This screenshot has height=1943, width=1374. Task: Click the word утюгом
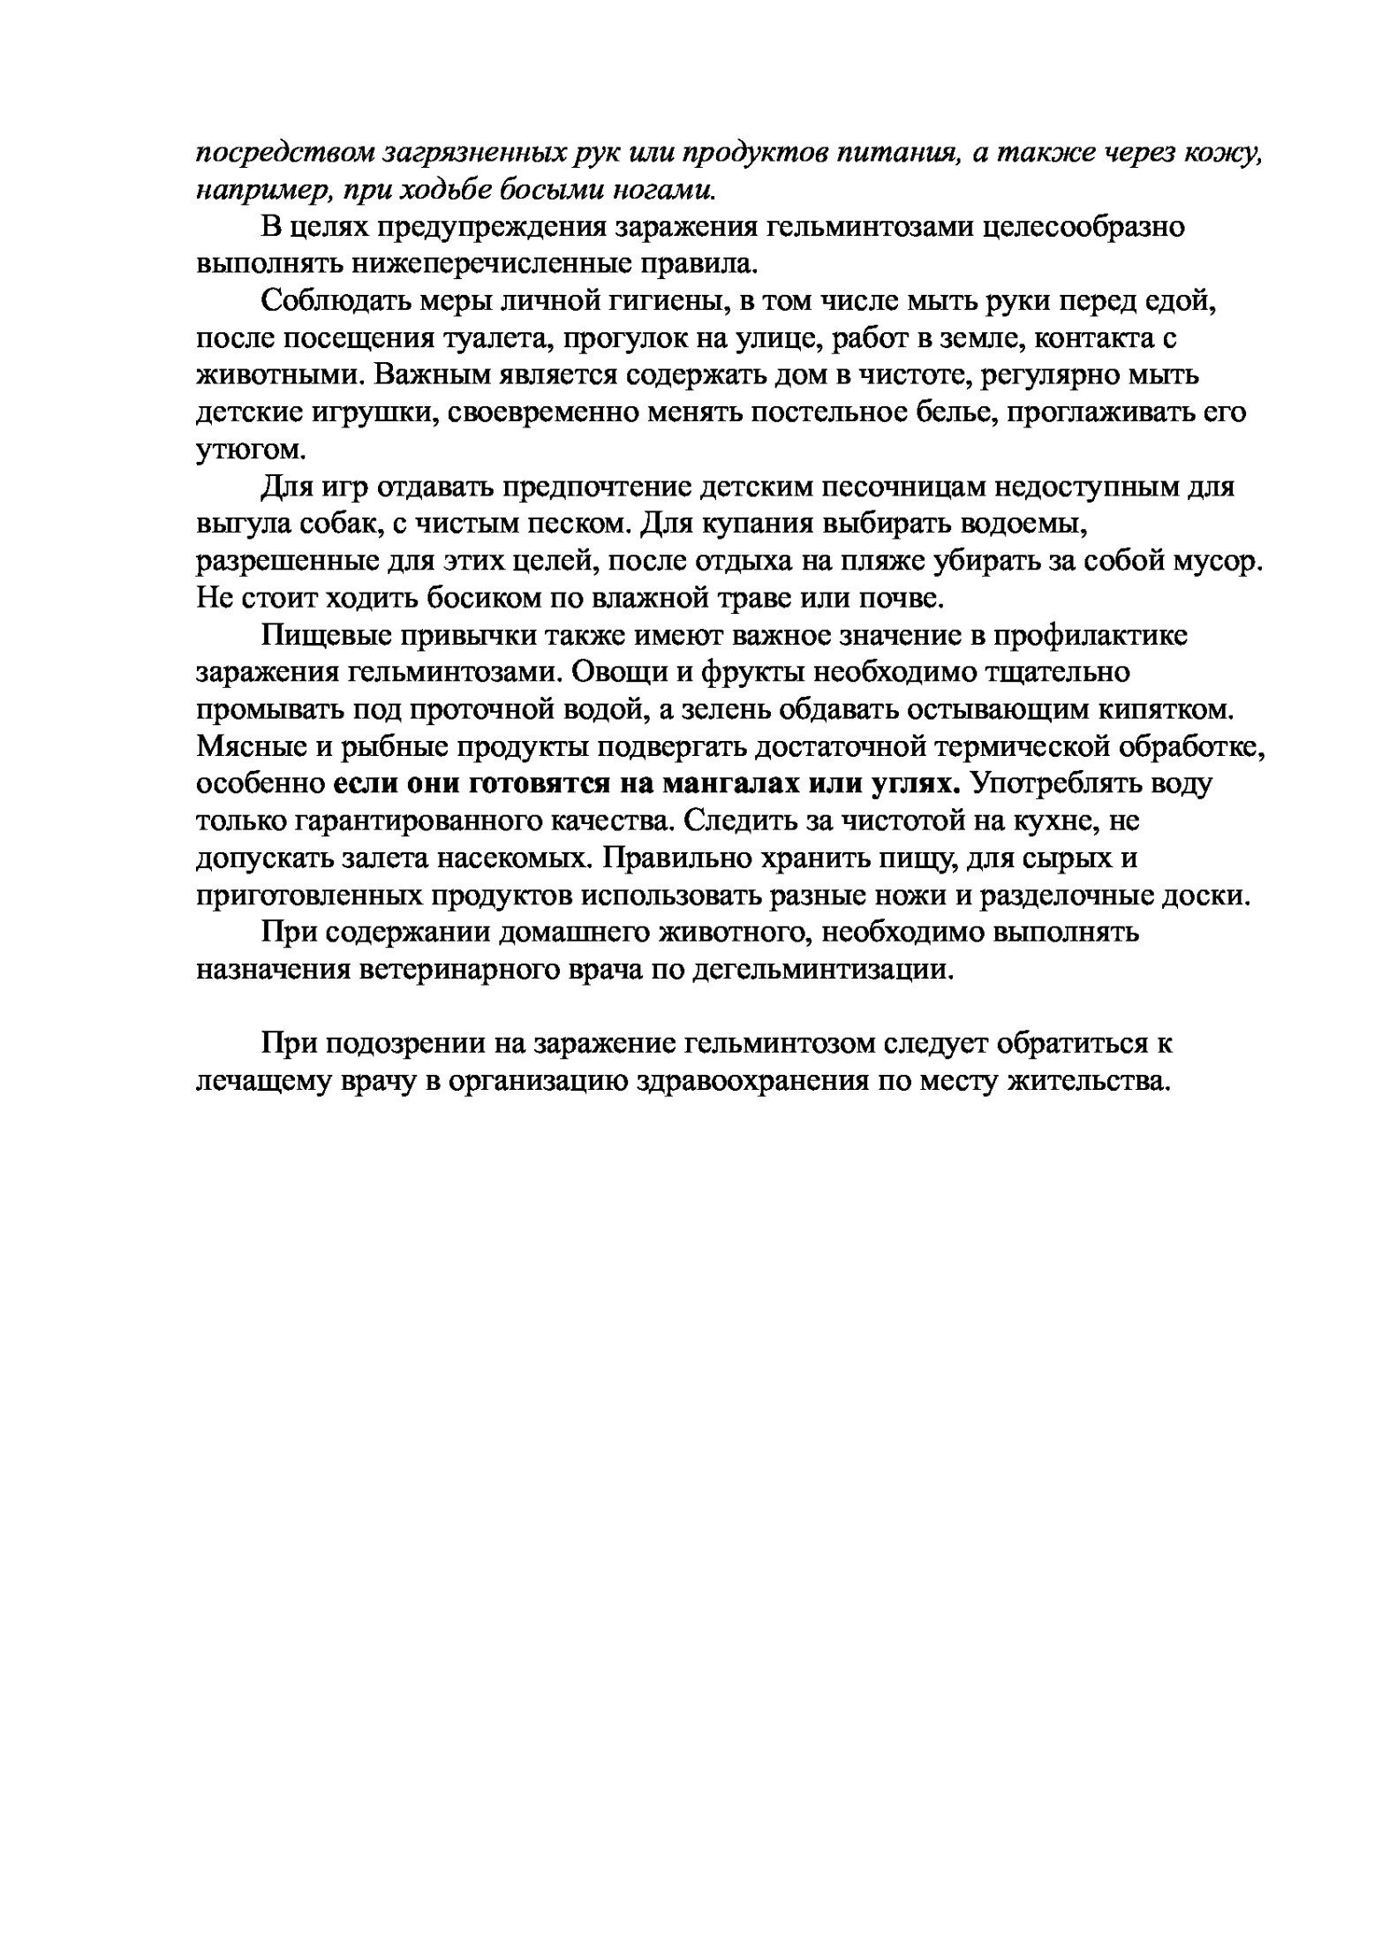pos(250,450)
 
